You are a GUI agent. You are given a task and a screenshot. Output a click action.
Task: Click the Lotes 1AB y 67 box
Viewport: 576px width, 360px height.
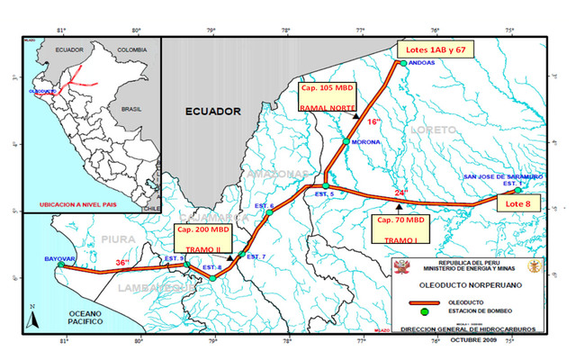click(437, 49)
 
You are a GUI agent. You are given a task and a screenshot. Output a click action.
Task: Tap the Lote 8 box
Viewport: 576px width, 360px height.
click(519, 204)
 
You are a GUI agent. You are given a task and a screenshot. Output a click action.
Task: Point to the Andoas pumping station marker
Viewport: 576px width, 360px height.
click(402, 62)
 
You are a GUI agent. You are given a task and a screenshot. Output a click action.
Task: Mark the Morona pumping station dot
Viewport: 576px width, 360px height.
click(346, 141)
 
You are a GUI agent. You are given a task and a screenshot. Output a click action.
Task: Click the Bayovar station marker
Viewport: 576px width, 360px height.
click(61, 265)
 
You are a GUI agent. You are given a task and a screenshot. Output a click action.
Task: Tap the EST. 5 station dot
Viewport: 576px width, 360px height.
click(326, 186)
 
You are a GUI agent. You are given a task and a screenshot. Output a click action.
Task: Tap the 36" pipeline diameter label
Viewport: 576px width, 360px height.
click(121, 263)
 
